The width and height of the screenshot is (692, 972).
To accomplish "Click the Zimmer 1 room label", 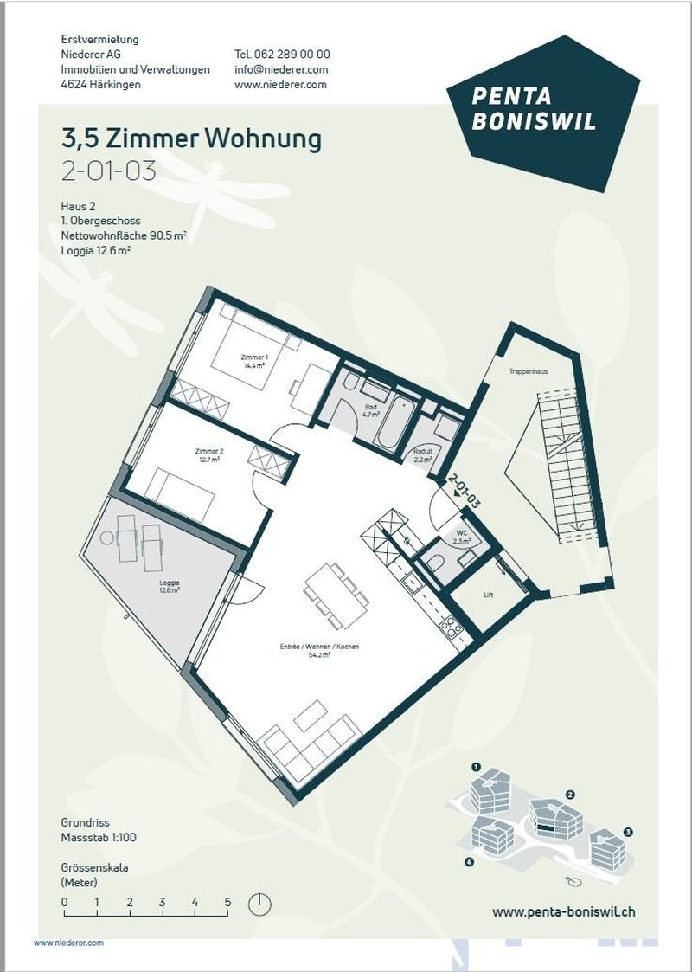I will click(253, 361).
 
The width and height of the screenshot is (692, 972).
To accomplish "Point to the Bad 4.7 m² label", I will click(372, 409).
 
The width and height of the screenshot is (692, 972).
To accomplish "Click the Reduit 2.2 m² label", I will click(423, 455).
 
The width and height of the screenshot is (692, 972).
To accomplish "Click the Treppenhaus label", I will click(528, 371).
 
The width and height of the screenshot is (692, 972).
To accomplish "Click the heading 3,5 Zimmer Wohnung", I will click(191, 138).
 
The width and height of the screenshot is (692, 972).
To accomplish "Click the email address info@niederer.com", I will click(281, 69).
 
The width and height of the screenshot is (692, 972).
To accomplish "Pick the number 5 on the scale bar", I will click(228, 902).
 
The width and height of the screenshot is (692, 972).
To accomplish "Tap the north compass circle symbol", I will click(259, 904).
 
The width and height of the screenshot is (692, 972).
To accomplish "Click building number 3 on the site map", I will click(629, 832).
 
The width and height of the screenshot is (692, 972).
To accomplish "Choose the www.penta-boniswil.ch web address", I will click(564, 911).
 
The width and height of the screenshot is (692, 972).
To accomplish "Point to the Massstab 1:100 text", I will click(99, 837).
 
